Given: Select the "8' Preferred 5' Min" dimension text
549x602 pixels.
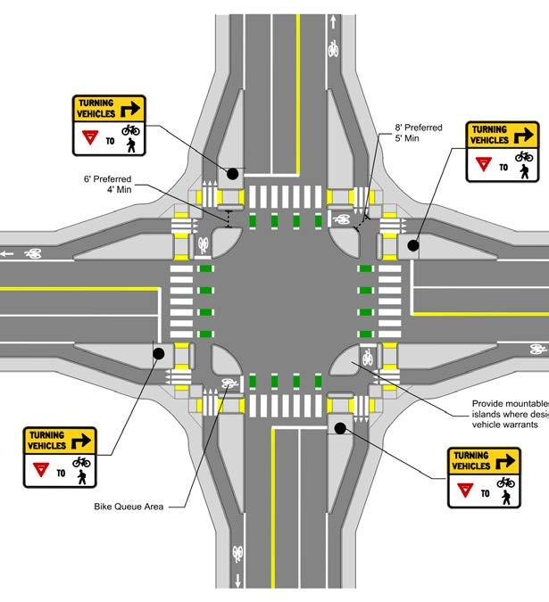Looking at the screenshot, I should [x=420, y=133].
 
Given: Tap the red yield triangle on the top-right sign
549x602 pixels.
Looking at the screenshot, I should [x=483, y=163].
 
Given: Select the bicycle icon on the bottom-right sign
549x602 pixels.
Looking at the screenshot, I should [x=506, y=482].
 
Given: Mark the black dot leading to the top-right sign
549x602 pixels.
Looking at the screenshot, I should [x=413, y=245].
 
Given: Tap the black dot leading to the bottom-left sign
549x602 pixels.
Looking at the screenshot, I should [x=158, y=354].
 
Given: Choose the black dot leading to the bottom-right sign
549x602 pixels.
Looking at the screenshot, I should [x=339, y=428].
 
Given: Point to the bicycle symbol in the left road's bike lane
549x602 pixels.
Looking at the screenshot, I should [x=35, y=253].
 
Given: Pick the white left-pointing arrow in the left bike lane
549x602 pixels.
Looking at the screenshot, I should [x=9, y=253].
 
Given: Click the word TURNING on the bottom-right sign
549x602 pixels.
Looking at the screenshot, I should [x=470, y=455].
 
